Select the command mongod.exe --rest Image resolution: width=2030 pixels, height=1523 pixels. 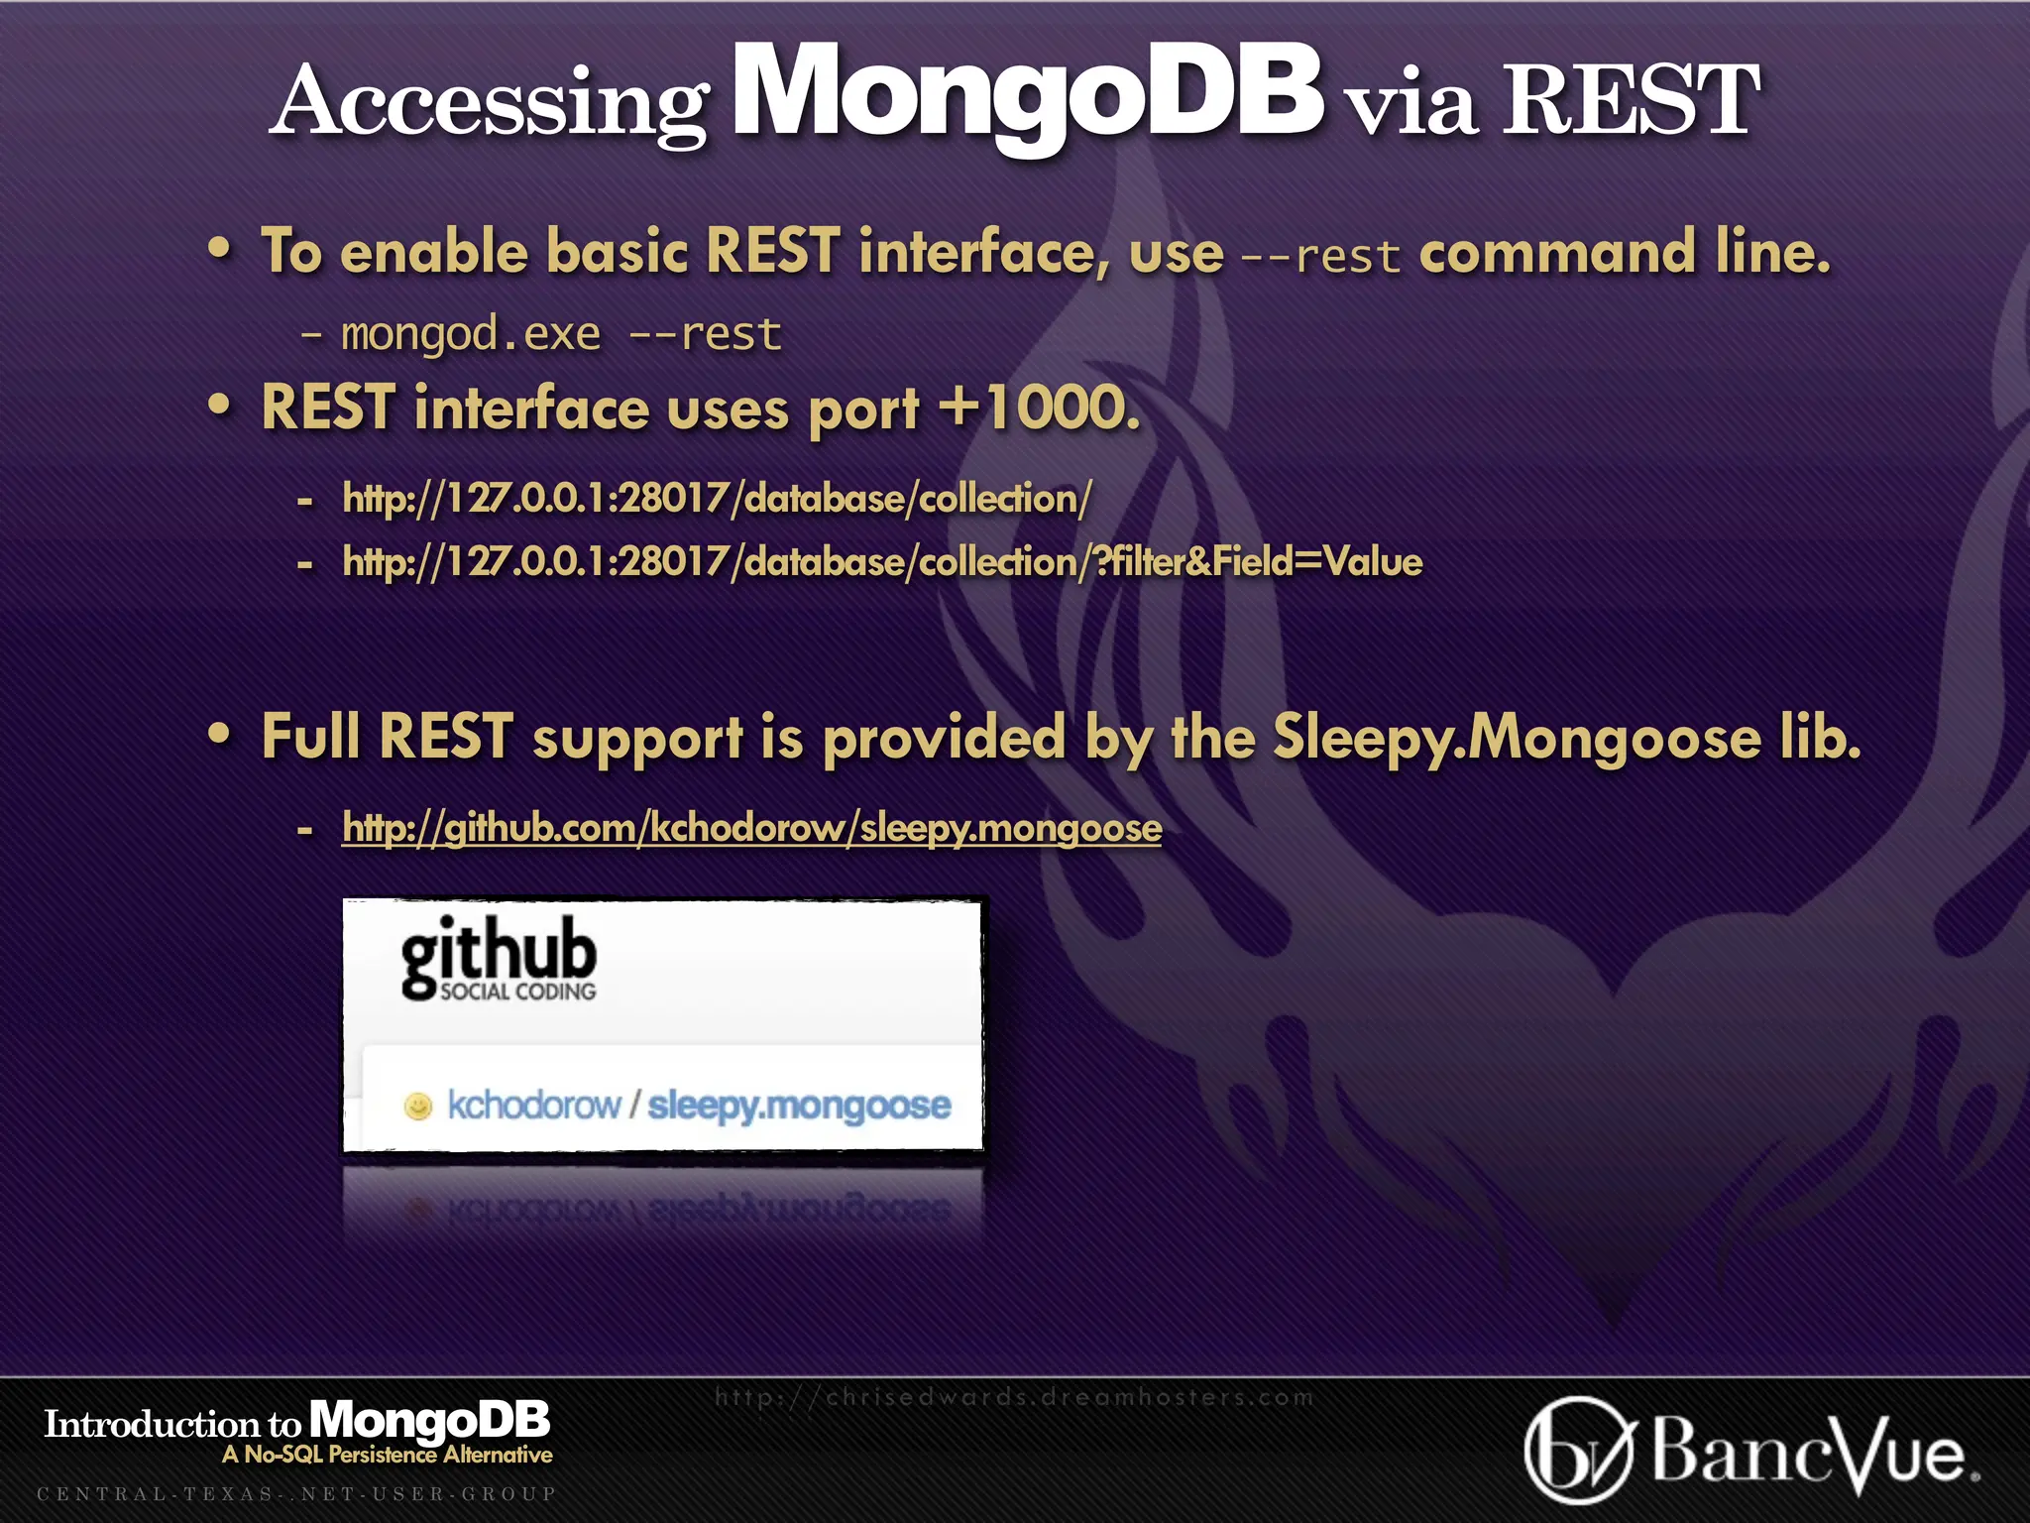point(561,334)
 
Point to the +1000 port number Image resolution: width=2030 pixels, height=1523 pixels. point(1040,408)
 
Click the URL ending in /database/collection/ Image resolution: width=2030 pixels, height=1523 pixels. point(717,498)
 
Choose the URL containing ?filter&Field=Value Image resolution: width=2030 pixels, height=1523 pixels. point(882,562)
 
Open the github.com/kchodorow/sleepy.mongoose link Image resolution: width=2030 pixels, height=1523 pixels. point(751,827)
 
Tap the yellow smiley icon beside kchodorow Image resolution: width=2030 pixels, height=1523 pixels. point(418,1106)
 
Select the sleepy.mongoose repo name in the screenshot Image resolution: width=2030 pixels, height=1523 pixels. point(799,1105)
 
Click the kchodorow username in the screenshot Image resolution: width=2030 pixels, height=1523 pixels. point(533,1105)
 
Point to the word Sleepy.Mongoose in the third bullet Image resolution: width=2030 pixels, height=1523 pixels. point(1517,738)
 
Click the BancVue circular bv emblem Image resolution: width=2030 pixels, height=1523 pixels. point(1577,1451)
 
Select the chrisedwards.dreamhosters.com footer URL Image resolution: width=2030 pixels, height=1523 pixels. point(1014,1397)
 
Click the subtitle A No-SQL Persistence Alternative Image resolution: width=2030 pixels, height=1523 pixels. point(388,1455)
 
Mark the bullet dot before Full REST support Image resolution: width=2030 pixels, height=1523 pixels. point(220,735)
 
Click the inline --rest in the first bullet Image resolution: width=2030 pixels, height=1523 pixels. point(1320,256)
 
